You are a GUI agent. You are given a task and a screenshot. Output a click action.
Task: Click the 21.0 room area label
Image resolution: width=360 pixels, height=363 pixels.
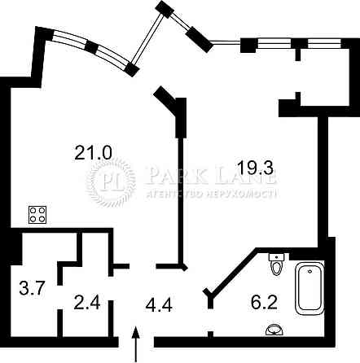click(x=93, y=152)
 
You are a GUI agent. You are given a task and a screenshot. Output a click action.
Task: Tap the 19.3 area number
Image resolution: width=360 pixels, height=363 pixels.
click(x=255, y=168)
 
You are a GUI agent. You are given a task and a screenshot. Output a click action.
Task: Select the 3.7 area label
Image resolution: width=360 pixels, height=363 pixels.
click(x=32, y=288)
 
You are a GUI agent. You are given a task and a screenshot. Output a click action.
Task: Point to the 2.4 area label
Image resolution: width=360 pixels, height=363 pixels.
click(x=87, y=303)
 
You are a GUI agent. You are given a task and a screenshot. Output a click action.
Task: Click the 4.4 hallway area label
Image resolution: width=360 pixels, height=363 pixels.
click(x=159, y=305)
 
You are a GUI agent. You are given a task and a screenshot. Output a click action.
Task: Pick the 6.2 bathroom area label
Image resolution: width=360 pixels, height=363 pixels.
click(x=264, y=302)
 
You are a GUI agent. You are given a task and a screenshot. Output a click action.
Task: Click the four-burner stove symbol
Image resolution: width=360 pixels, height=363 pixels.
click(x=37, y=215)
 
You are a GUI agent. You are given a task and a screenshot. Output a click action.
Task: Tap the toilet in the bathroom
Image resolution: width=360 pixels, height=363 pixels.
click(x=276, y=265)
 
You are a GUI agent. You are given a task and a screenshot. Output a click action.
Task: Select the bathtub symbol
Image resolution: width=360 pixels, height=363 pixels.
click(x=310, y=288)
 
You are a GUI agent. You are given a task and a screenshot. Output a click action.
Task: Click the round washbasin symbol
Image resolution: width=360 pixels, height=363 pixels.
click(x=274, y=330)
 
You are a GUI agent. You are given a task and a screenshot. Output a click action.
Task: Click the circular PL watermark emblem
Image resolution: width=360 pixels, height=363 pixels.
click(x=111, y=182)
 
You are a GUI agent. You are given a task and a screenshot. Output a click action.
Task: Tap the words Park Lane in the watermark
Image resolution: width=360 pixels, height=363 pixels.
click(x=211, y=174)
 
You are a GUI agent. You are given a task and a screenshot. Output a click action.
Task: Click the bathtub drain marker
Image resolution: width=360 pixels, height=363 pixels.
click(x=310, y=271)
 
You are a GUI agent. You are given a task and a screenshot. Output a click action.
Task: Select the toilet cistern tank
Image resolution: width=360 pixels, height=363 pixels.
click(x=276, y=257)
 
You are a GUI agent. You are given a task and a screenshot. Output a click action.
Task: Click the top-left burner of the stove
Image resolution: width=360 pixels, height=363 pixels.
click(x=33, y=211)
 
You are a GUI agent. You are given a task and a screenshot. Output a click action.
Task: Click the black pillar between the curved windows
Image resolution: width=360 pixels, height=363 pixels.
click(x=91, y=47)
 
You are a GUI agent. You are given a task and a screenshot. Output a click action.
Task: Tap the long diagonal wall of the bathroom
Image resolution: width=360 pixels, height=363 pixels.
click(x=232, y=270)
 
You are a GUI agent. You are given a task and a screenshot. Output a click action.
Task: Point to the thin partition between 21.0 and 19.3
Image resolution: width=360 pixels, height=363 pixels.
click(x=180, y=201)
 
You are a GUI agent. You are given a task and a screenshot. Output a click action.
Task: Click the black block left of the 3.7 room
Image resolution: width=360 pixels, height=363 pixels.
click(x=15, y=249)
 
